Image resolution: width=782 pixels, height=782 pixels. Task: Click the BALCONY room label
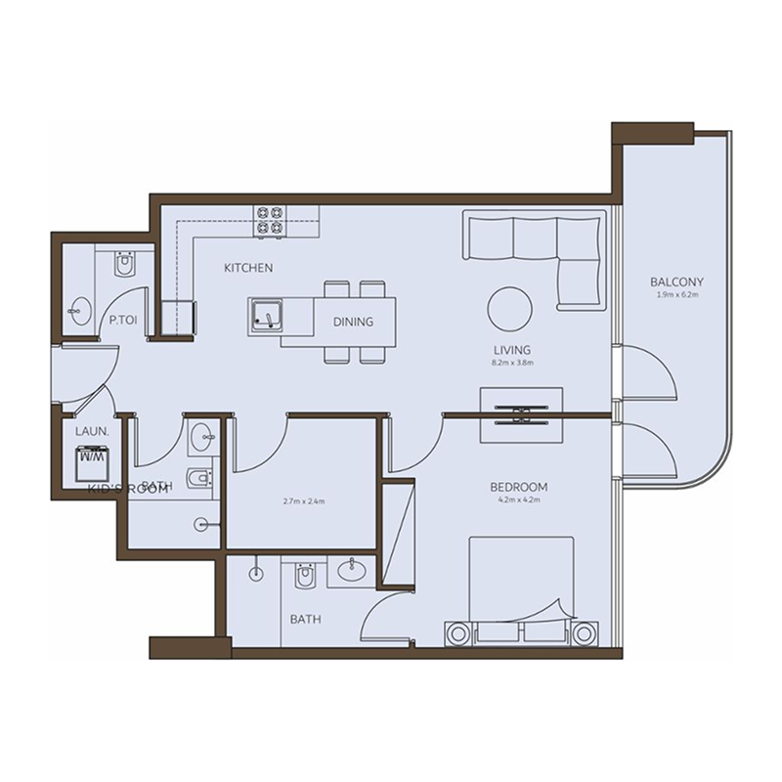pos(676,282)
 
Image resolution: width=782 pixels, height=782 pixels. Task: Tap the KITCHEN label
pos(247,268)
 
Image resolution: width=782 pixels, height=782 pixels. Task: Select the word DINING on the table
pos(352,322)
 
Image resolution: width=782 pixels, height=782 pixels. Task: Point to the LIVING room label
pos(511,349)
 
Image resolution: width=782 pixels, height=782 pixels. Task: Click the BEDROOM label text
pos(518,486)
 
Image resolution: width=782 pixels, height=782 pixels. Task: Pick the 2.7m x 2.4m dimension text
pos(303,501)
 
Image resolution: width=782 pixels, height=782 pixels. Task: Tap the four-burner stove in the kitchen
pos(270,221)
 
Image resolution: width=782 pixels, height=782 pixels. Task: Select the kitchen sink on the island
pos(265,316)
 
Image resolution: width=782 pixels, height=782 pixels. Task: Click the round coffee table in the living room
pos(510,310)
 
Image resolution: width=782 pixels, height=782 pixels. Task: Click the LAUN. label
pos(91,428)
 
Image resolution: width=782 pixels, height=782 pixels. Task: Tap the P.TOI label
pos(121,319)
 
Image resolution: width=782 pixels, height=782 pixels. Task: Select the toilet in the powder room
pos(123,265)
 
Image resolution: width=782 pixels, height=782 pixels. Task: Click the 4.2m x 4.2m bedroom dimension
pos(518,500)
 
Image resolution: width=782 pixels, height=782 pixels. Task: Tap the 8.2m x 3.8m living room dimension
pos(511,362)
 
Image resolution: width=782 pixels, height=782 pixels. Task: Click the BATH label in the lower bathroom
pos(305,619)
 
